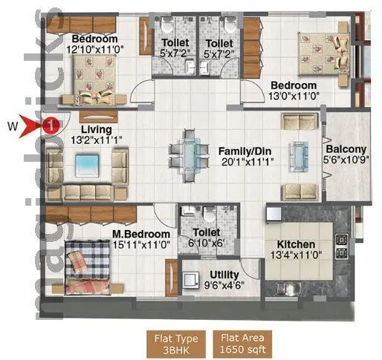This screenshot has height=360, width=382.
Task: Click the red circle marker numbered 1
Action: coord(49,125)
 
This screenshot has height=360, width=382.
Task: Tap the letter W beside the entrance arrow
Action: coord(12,125)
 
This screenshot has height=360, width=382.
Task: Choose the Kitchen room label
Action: coord(297,245)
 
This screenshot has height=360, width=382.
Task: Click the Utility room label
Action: coord(224,274)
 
